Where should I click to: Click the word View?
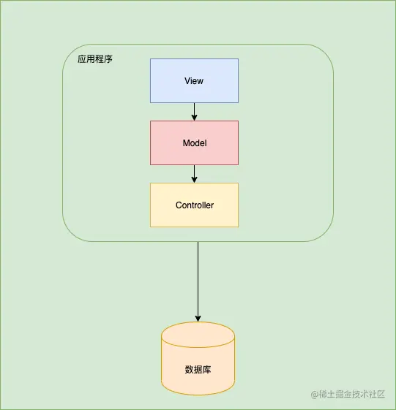(x=194, y=80)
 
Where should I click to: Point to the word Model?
(x=194, y=143)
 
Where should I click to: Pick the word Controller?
(x=195, y=205)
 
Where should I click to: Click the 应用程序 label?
(x=95, y=59)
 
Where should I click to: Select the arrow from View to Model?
(x=195, y=110)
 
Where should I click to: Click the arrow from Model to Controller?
(x=195, y=172)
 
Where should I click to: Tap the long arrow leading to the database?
(x=198, y=278)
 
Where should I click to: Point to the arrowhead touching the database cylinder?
(x=198, y=318)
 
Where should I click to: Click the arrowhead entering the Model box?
(x=195, y=118)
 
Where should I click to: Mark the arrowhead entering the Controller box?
(x=195, y=180)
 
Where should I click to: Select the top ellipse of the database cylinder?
(x=198, y=335)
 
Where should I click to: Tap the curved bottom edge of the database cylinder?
(x=198, y=394)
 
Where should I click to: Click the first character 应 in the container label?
(x=82, y=59)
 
